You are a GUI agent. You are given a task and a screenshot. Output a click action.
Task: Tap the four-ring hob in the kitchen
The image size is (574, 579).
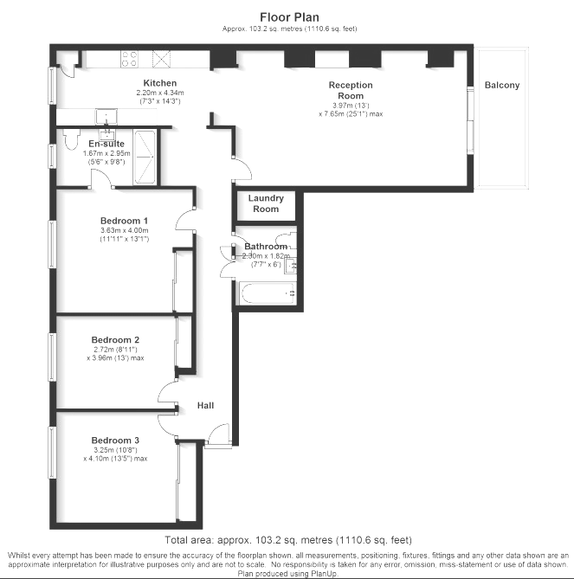[129, 59]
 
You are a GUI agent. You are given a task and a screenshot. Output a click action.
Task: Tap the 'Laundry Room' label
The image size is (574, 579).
[266, 204]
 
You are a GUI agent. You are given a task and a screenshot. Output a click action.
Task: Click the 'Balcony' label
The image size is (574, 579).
[502, 85]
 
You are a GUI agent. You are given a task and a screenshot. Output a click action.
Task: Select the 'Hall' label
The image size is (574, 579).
[205, 405]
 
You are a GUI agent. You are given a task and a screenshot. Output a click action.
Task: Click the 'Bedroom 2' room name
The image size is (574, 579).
[115, 339]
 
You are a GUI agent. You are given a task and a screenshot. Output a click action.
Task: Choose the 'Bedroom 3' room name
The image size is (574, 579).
[115, 440]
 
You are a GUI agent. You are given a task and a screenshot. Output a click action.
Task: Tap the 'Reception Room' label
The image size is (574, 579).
[350, 90]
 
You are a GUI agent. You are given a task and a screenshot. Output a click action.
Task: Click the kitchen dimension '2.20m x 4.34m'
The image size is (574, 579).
[159, 93]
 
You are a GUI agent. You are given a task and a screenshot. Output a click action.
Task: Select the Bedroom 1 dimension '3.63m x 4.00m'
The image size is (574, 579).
[125, 230]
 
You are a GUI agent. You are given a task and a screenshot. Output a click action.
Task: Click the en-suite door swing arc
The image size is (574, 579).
[103, 177]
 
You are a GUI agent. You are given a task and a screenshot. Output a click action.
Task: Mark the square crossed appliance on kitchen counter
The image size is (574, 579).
[162, 59]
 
